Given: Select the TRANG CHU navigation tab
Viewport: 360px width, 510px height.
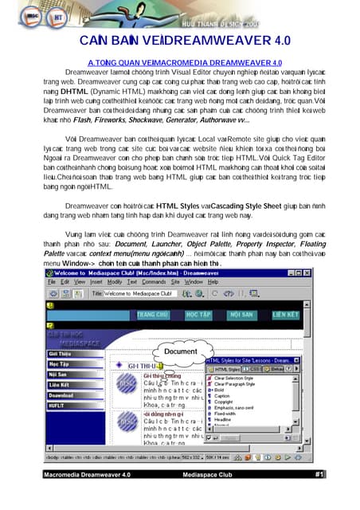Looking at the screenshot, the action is click(x=156, y=315).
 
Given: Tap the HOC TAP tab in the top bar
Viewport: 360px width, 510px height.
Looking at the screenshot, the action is click(x=198, y=315).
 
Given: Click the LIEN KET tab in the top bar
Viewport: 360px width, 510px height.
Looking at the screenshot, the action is click(x=284, y=315).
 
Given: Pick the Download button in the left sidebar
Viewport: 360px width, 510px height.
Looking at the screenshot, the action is click(x=62, y=394).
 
